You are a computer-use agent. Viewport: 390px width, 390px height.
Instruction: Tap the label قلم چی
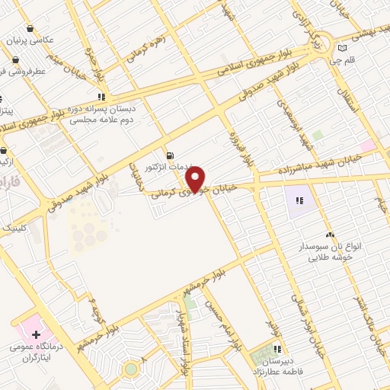[x=354, y=61]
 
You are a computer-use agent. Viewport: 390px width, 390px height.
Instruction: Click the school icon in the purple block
[x=299, y=201]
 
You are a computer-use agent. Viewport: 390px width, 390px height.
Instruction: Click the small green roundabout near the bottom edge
[x=131, y=369]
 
